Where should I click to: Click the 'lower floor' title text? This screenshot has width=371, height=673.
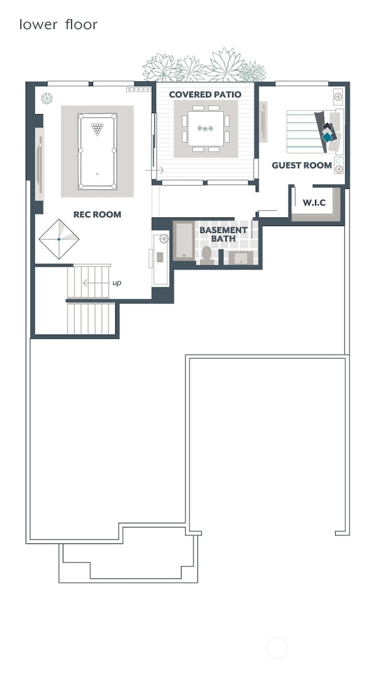click(x=58, y=25)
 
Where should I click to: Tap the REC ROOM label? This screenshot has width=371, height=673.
click(x=97, y=215)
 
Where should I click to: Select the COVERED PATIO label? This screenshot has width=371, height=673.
click(x=205, y=94)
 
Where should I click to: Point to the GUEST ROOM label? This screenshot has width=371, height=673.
click(x=301, y=166)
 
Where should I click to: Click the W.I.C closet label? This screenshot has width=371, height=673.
click(x=314, y=203)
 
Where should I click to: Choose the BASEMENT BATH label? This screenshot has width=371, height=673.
click(x=223, y=234)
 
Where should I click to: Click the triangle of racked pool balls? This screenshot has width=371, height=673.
click(x=98, y=129)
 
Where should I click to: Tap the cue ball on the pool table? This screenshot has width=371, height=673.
click(x=97, y=174)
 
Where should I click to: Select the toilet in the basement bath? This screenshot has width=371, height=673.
click(x=207, y=254)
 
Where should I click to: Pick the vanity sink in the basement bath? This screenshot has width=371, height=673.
click(x=241, y=258)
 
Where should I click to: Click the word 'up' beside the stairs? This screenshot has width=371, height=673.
click(x=116, y=283)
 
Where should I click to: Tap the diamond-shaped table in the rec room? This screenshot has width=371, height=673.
click(x=59, y=239)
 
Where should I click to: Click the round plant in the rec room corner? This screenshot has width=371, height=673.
click(x=47, y=98)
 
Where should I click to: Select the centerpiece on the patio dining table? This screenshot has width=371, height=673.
click(x=205, y=128)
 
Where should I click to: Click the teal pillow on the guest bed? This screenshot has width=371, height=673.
click(x=327, y=137)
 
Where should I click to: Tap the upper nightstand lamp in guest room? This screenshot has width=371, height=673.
click(x=337, y=96)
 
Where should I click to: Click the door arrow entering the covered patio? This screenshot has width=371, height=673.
click(x=155, y=170)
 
